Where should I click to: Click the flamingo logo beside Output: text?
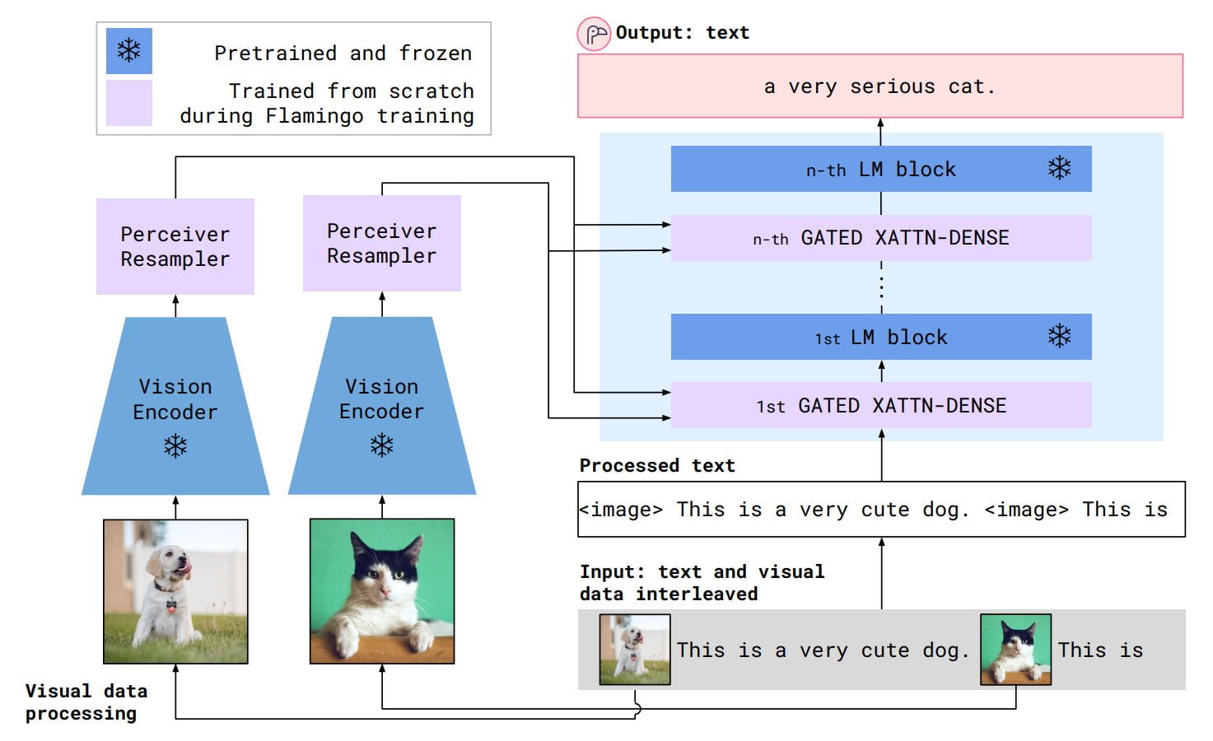pyautogui.click(x=594, y=35)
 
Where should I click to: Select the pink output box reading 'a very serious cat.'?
pyautogui.click(x=879, y=86)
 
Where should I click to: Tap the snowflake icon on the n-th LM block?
pyautogui.click(x=1059, y=169)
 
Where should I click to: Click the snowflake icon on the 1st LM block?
pyautogui.click(x=1059, y=336)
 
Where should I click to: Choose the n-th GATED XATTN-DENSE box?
pyautogui.click(x=880, y=238)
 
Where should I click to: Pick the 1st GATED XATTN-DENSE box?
pyautogui.click(x=880, y=405)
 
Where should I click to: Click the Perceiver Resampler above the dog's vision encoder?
pyautogui.click(x=175, y=246)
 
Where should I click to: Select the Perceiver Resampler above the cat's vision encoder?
pyautogui.click(x=381, y=243)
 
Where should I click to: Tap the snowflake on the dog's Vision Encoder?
pyautogui.click(x=175, y=446)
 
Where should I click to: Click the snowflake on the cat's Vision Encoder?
pyautogui.click(x=381, y=445)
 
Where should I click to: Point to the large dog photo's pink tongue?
pyautogui.click(x=186, y=567)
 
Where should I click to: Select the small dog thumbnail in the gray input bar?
pyautogui.click(x=634, y=650)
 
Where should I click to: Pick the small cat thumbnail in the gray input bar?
pyautogui.click(x=1015, y=650)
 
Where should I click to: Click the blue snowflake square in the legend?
pyautogui.click(x=128, y=51)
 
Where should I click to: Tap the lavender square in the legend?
pyautogui.click(x=128, y=103)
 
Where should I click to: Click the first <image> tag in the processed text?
pyautogui.click(x=620, y=510)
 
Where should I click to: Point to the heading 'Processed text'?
pyautogui.click(x=656, y=465)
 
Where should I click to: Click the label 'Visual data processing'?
pyautogui.click(x=86, y=702)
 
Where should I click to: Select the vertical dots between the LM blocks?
pyautogui.click(x=881, y=287)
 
